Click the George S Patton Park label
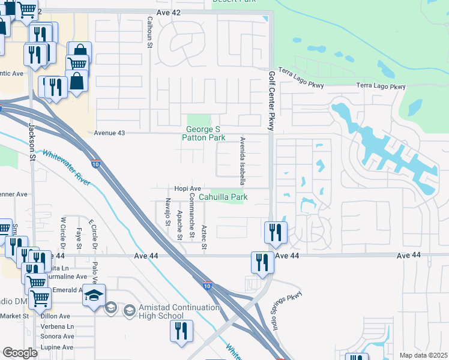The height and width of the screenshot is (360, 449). tap(206, 133)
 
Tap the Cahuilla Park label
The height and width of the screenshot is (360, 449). tap(223, 196)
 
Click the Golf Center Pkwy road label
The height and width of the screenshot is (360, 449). tap(271, 101)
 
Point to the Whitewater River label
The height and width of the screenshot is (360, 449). tap(66, 167)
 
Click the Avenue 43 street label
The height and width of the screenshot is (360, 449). tap(110, 133)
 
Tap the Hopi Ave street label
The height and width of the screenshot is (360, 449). tap(187, 188)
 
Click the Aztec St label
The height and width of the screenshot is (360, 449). tap(204, 237)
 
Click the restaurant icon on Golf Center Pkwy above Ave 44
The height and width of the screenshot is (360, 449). tap(276, 232)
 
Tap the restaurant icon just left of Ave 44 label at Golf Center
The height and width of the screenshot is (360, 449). tap(262, 262)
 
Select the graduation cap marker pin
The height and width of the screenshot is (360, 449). tap(94, 295)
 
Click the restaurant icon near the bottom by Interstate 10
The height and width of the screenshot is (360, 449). tap(180, 331)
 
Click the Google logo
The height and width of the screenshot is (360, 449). tap(20, 353)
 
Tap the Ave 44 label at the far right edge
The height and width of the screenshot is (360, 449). tap(409, 255)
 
